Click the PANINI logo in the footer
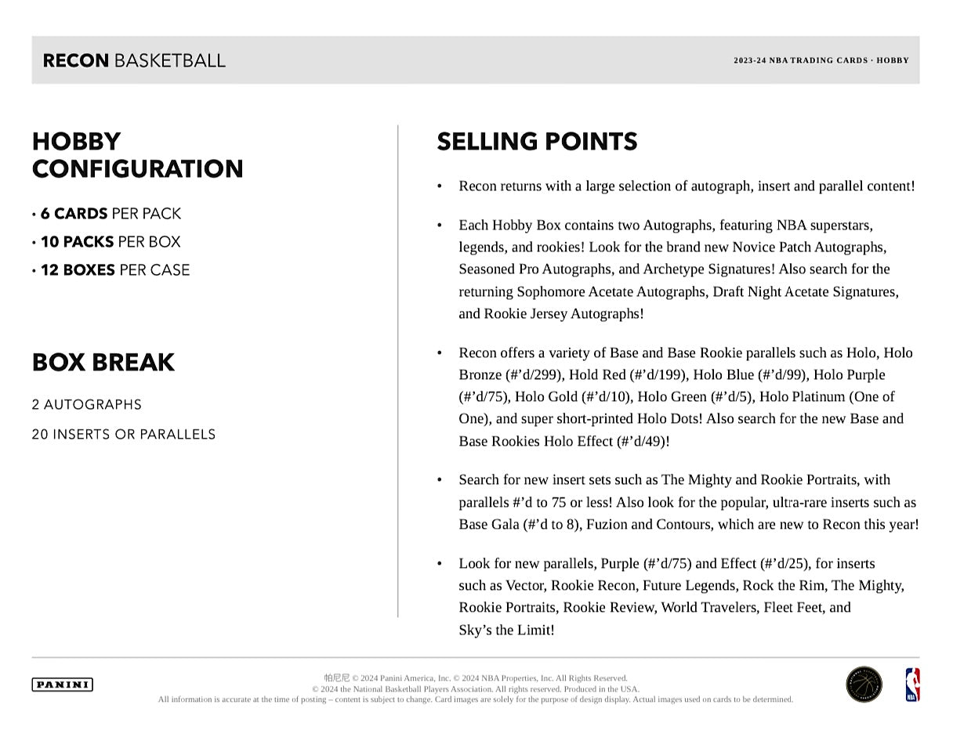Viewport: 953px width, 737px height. tap(62, 685)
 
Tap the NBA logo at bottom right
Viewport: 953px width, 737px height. tap(912, 685)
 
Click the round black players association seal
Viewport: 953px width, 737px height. tap(864, 685)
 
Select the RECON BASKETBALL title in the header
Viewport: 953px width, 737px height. tap(134, 60)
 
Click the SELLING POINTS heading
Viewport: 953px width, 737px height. tap(537, 142)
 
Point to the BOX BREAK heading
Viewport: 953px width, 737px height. tap(103, 363)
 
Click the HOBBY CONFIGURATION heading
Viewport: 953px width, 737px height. tap(137, 155)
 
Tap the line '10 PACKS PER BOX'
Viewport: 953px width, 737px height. tap(110, 242)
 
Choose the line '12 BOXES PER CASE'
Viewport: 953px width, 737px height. tap(114, 270)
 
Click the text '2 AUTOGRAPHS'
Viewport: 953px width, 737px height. tap(87, 405)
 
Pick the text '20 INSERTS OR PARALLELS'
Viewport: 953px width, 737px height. tap(124, 435)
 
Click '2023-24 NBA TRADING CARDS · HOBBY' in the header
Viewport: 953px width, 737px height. tap(821, 60)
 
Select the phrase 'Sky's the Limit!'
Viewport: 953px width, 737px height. tap(506, 630)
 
